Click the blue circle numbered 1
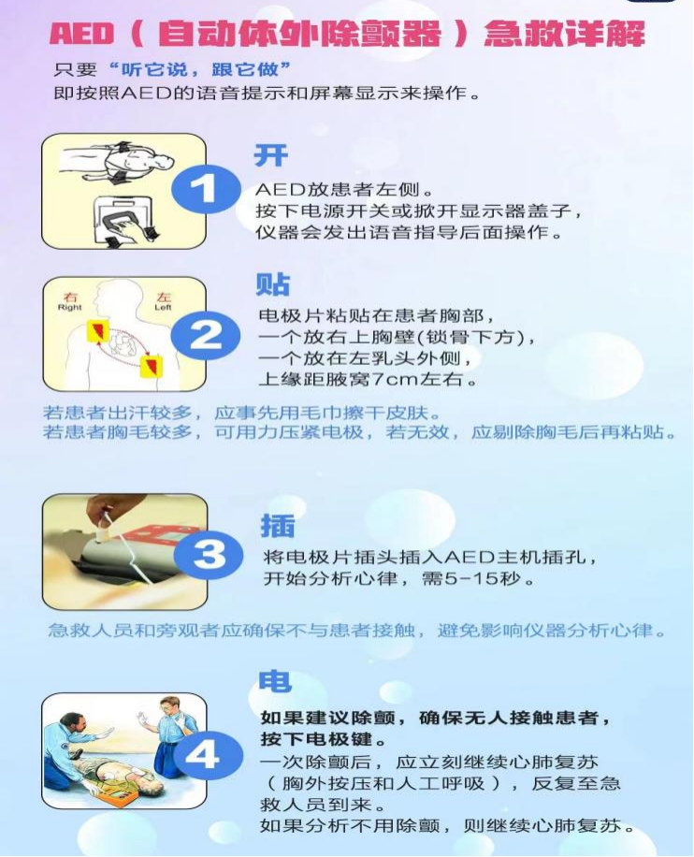(x=207, y=189)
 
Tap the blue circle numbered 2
(x=206, y=335)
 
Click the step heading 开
(x=271, y=155)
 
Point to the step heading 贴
(x=273, y=283)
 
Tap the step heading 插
(x=278, y=525)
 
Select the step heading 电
(x=275, y=681)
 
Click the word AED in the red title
(x=81, y=34)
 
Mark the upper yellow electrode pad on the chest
(x=98, y=331)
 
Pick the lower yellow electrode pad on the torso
(x=151, y=366)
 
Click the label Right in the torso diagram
(x=69, y=308)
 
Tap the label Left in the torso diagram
(x=163, y=308)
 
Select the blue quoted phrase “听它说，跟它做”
(x=199, y=69)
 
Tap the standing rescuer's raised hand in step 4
(x=143, y=719)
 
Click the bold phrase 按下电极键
(x=324, y=739)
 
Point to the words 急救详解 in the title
(x=564, y=34)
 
